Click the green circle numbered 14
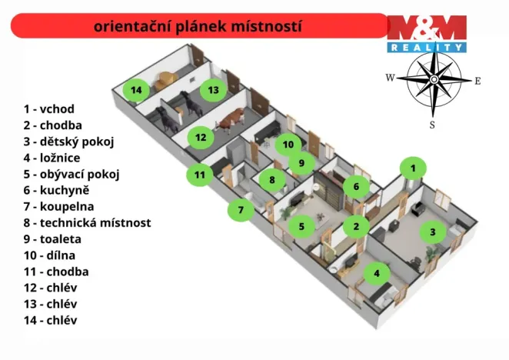pos(136,90)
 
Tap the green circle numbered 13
pos(213,90)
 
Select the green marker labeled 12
pos(201,138)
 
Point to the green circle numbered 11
pos(200,175)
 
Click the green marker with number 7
pos(241,209)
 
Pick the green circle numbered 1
pos(413,167)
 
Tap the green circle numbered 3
pos(432,231)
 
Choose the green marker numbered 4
pos(376,272)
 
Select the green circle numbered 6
pos(355,186)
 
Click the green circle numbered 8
pos(271,180)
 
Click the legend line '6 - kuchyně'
pos(56,189)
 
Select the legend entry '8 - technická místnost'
pos(87,223)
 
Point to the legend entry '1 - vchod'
pos(48,109)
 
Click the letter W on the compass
pos(390,78)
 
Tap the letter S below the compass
pos(432,125)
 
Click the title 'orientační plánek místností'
pos(198,26)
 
